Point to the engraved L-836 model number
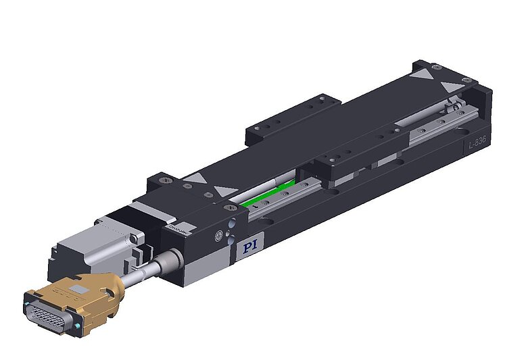click(x=478, y=143)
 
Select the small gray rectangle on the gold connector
click(x=80, y=288)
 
